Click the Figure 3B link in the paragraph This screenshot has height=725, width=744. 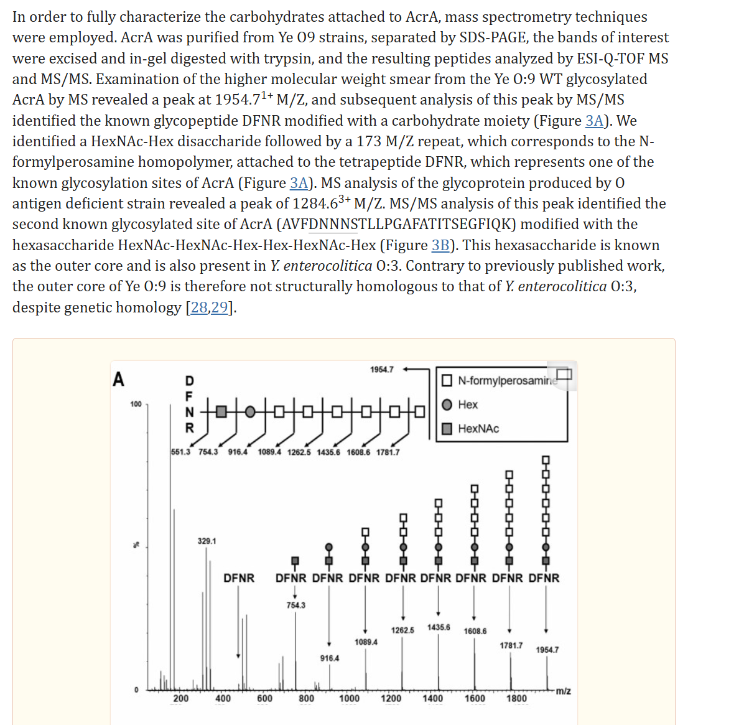[x=440, y=245]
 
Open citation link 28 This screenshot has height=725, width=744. [x=200, y=307]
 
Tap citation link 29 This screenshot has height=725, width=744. [x=220, y=307]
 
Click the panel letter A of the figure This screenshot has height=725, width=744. [x=118, y=379]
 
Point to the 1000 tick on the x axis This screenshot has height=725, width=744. [x=349, y=698]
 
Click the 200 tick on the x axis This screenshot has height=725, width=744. [x=181, y=698]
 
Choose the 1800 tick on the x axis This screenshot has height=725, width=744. [x=516, y=698]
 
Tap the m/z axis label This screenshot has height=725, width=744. [x=563, y=691]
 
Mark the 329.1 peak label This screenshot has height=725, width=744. [x=207, y=541]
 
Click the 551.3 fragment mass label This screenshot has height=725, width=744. [x=180, y=452]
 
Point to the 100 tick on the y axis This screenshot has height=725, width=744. [x=136, y=405]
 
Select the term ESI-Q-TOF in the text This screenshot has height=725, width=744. [x=611, y=58]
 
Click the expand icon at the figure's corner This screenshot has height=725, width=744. [x=564, y=374]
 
